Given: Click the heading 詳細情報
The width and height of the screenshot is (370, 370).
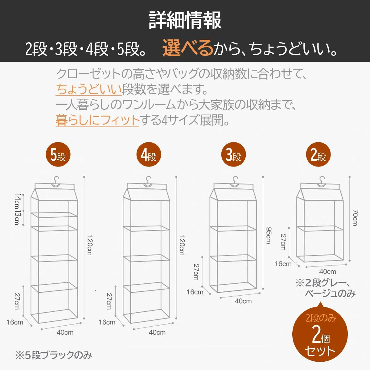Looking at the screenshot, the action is click(185, 20).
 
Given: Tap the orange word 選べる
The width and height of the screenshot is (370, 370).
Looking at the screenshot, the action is click(188, 48).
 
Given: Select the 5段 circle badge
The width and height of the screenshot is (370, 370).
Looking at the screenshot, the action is click(58, 154).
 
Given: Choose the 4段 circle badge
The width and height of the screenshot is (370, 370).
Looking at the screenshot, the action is click(149, 154).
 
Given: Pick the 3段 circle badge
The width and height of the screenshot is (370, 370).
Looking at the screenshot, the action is click(233, 154).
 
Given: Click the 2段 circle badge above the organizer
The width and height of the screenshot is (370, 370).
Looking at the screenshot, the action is click(318, 154).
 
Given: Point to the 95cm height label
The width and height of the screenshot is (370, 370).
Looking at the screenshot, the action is click(269, 235).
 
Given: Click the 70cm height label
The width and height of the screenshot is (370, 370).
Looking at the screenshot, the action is click(356, 218).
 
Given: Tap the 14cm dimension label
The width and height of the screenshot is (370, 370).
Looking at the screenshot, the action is click(18, 202).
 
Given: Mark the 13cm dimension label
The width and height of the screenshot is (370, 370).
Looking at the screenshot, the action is click(18, 218).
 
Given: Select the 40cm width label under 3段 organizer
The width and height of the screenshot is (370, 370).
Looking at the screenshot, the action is click(243, 301).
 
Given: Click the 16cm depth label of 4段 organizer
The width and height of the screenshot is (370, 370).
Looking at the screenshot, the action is click(107, 322).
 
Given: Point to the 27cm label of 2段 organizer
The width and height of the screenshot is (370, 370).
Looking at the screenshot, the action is click(283, 242).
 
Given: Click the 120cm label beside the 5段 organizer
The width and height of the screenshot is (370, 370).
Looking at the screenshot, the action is click(90, 245).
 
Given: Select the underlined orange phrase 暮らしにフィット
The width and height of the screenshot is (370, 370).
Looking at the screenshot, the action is click(97, 120).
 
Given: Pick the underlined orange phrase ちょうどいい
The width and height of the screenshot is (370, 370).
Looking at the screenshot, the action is click(89, 89).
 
